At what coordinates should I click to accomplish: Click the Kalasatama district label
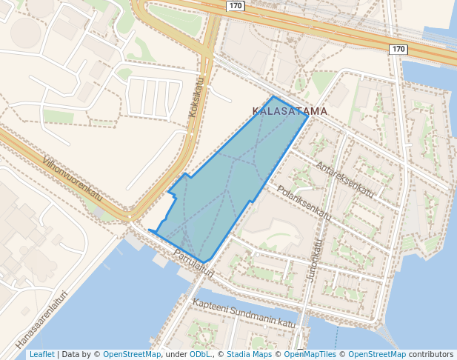[x=290, y=111]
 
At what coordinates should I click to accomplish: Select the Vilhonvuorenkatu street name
[x=72, y=179]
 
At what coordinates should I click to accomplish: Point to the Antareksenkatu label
[x=345, y=179]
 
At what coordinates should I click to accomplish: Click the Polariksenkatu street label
[x=304, y=201]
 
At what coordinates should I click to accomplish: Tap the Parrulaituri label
[x=193, y=263]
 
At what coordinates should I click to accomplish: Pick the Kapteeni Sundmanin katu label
[x=244, y=314]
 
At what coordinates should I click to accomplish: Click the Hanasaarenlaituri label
[x=41, y=319]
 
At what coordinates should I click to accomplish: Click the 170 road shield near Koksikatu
[x=236, y=6]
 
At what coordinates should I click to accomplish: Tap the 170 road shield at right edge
[x=398, y=50]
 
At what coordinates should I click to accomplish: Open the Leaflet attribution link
[x=41, y=355]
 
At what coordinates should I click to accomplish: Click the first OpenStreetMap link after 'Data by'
[x=131, y=355]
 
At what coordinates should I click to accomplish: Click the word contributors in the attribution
[x=431, y=355]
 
